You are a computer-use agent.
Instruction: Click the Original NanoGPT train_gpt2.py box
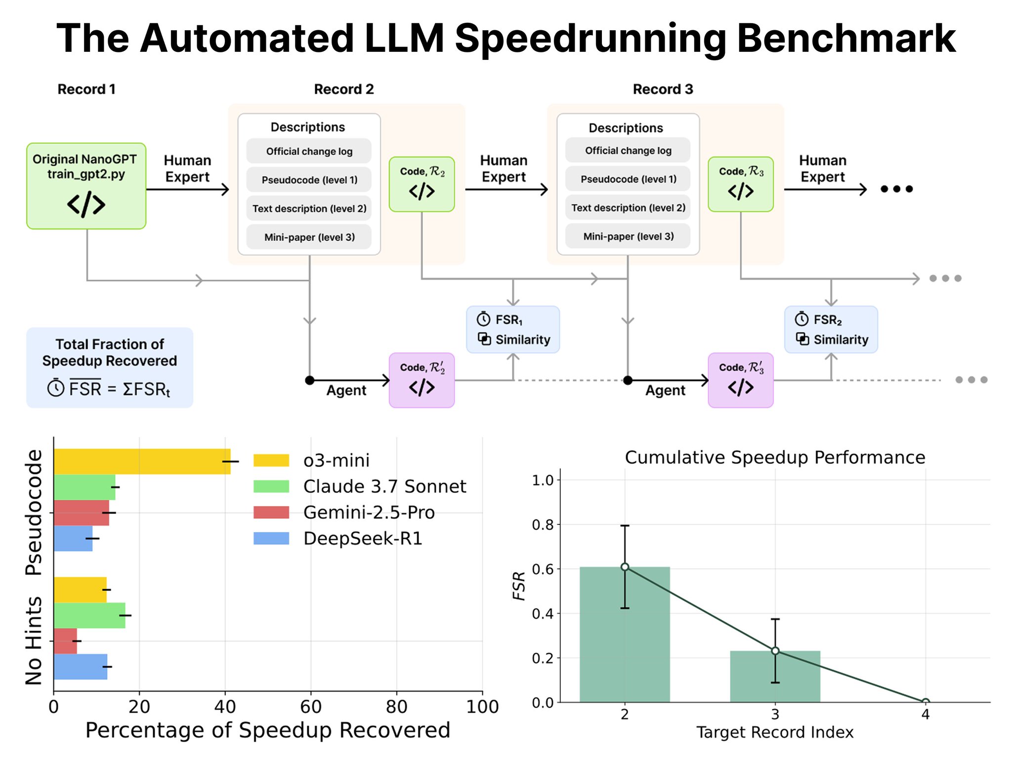point(86,186)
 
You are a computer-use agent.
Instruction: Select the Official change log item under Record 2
point(309,151)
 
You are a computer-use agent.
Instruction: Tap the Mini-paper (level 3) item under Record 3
point(628,236)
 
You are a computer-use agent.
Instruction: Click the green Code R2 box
point(422,184)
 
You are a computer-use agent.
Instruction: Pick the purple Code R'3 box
point(740,380)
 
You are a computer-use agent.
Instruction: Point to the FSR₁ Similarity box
point(513,330)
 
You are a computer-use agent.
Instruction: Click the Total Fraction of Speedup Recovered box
point(110,368)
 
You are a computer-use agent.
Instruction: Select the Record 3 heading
point(663,89)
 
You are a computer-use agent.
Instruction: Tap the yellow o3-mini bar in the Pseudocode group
point(142,462)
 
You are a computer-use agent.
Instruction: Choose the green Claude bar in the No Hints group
point(89,615)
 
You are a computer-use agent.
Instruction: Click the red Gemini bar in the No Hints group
point(65,641)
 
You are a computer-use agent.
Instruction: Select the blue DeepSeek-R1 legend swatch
point(271,538)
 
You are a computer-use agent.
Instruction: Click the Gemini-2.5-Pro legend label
point(369,512)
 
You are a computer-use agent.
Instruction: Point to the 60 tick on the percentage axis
point(311,707)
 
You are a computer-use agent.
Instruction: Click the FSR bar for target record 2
point(625,635)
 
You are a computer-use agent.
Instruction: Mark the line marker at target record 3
point(775,651)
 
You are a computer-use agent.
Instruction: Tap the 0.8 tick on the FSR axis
point(543,524)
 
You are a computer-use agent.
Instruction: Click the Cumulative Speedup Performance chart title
point(775,457)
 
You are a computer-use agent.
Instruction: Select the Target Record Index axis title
point(775,732)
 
